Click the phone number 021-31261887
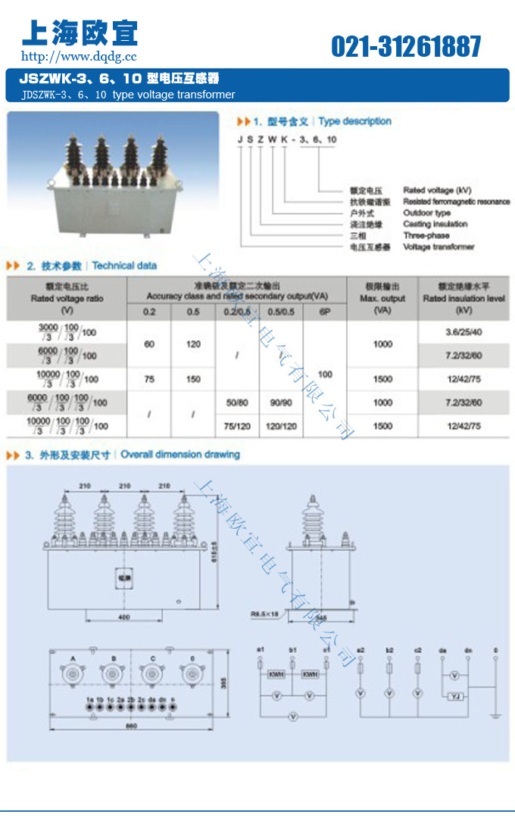click(x=406, y=47)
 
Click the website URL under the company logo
click(x=79, y=56)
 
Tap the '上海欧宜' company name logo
click(x=80, y=32)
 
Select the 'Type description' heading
click(x=354, y=121)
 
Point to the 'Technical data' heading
click(x=125, y=266)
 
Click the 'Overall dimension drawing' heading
click(x=180, y=455)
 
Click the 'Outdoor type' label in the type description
click(x=426, y=213)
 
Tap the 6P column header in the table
click(x=324, y=312)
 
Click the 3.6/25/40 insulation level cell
click(x=464, y=332)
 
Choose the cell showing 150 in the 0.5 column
click(x=193, y=379)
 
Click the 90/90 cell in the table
click(x=281, y=403)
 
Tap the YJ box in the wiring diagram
click(x=454, y=696)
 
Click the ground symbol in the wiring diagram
click(x=495, y=715)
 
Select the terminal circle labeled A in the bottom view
click(x=73, y=672)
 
